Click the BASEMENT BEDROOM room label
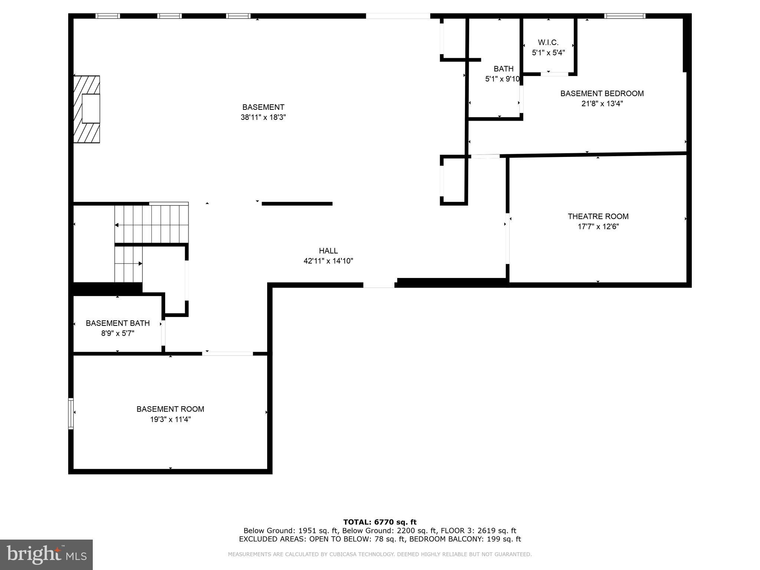pyautogui.click(x=602, y=94)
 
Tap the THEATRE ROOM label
pyautogui.click(x=598, y=216)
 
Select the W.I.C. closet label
pyautogui.click(x=548, y=43)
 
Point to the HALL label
pyautogui.click(x=328, y=251)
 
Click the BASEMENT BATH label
pyautogui.click(x=118, y=323)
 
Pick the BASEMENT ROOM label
pyautogui.click(x=170, y=409)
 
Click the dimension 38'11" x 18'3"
pyautogui.click(x=263, y=117)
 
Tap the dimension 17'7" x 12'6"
pyautogui.click(x=598, y=226)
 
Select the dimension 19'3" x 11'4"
pyautogui.click(x=170, y=419)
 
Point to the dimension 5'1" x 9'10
pyautogui.click(x=502, y=79)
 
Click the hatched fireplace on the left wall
pyautogui.click(x=86, y=109)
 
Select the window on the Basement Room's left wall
pyautogui.click(x=71, y=414)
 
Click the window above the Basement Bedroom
pyautogui.click(x=625, y=16)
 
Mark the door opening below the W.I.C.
pyautogui.click(x=554, y=74)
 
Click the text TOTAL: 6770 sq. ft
pyautogui.click(x=380, y=522)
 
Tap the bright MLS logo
pyautogui.click(x=46, y=554)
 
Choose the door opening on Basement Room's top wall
pyautogui.click(x=227, y=354)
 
